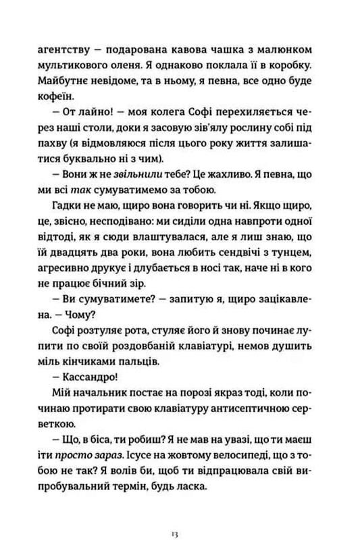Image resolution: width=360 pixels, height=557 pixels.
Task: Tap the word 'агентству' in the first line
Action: coord(74,50)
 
